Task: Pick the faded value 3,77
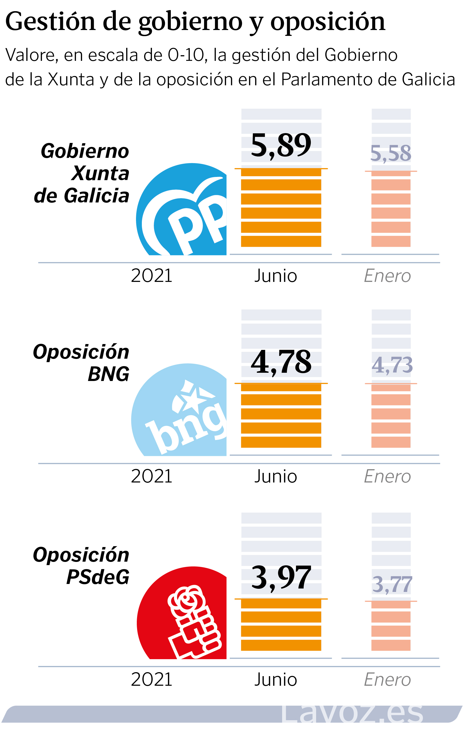pos(392,584)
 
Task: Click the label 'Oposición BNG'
pos(81,362)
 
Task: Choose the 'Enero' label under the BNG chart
pos(387,476)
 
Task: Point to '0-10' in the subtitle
pos(186,56)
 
